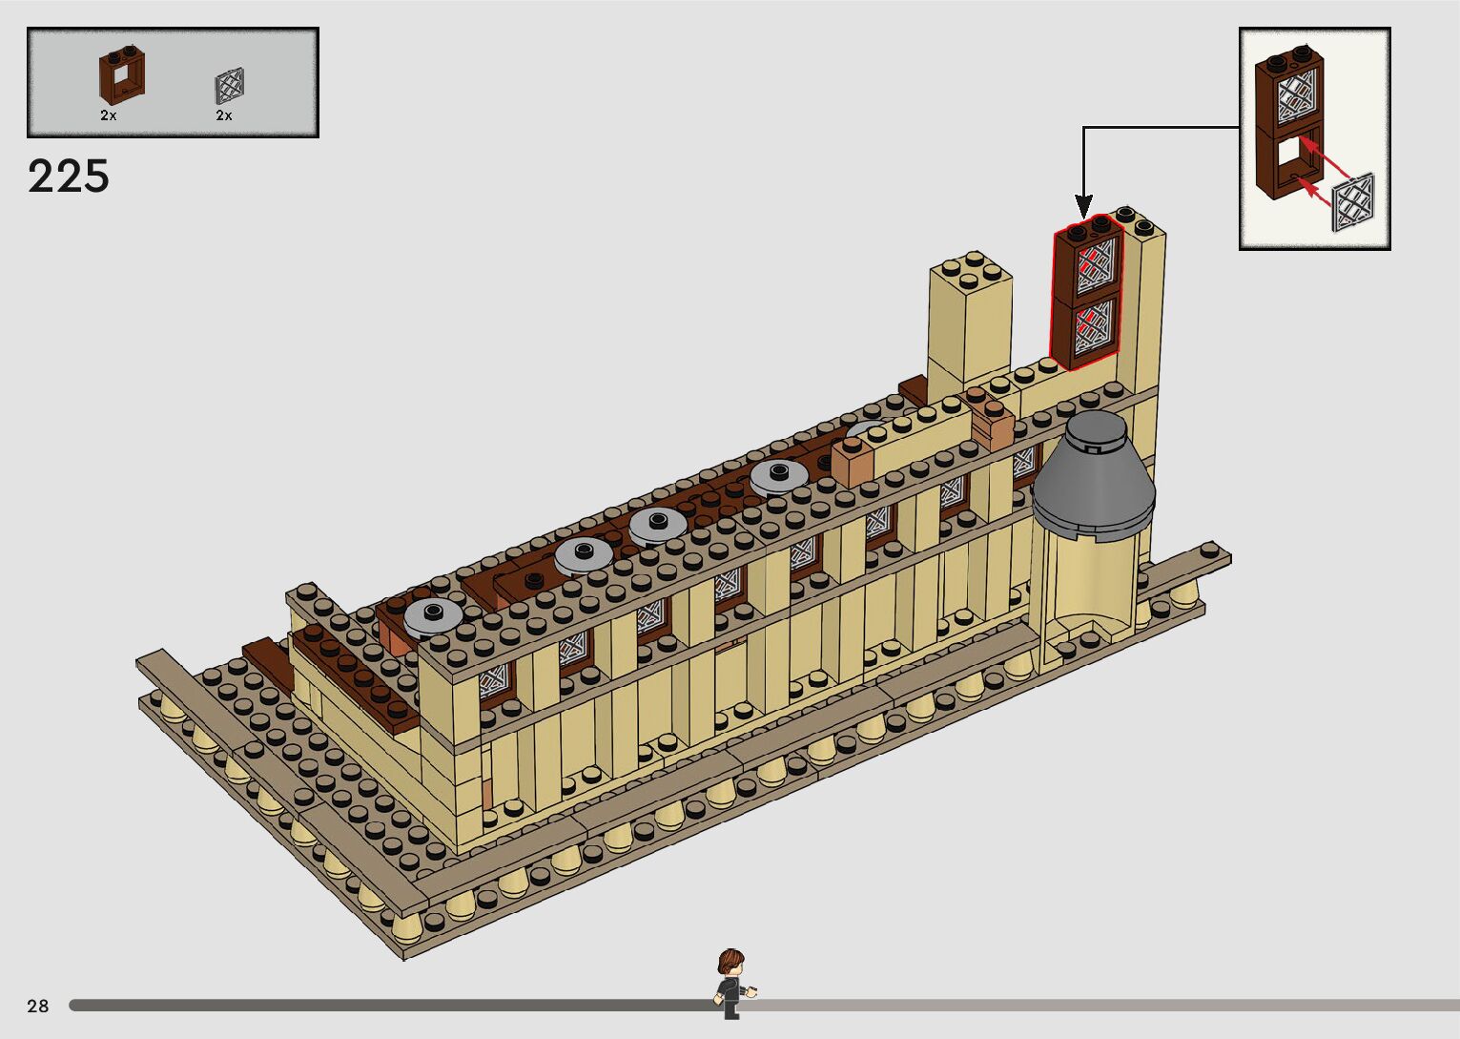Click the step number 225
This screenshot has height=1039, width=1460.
[x=69, y=177]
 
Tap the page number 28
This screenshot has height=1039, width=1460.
[x=38, y=1006]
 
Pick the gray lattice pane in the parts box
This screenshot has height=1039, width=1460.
[x=230, y=86]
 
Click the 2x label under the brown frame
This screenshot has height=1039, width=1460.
[x=108, y=115]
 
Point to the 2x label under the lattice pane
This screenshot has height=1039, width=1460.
[x=223, y=115]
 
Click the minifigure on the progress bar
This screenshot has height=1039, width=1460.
[x=732, y=984]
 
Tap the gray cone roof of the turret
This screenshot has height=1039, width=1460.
[x=1093, y=475]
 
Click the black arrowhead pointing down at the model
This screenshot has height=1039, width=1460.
[x=1083, y=206]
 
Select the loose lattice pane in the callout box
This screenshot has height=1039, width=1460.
[x=1352, y=201]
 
